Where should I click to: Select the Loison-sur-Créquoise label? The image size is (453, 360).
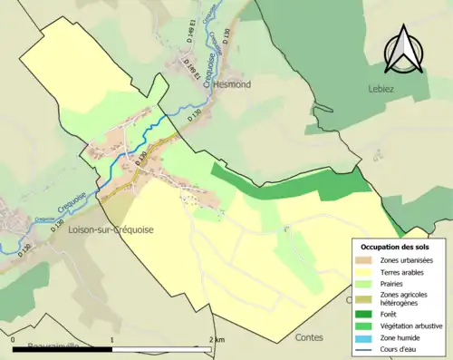(x=111, y=230)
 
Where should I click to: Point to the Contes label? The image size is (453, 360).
(x=309, y=336)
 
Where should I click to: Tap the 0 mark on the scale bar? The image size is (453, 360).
(x=13, y=339)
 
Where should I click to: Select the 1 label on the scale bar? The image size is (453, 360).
(x=111, y=339)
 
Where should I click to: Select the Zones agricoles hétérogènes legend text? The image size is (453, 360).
(x=404, y=297)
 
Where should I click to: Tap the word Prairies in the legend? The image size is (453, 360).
(x=393, y=282)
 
